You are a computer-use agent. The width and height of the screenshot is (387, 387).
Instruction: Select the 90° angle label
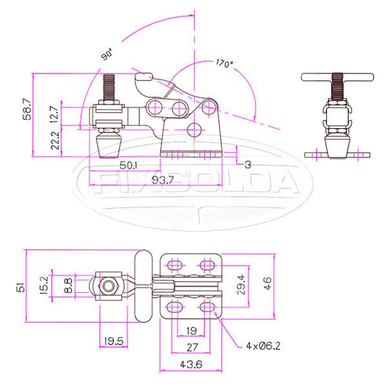point(107,55)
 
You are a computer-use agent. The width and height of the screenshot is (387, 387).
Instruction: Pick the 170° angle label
point(224,64)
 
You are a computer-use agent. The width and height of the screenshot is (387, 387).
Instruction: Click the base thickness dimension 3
point(247,165)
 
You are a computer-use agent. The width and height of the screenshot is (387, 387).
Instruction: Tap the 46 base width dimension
point(267,284)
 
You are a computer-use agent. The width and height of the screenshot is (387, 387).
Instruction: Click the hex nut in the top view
point(110,284)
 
